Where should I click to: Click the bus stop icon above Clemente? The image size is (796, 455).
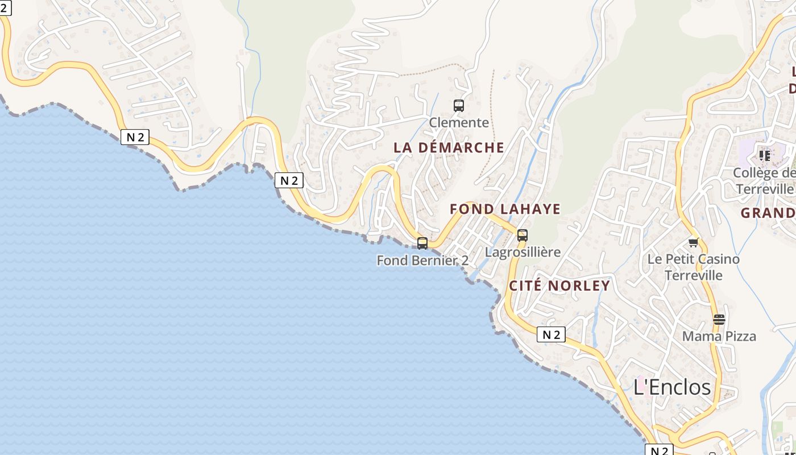(x=458, y=105)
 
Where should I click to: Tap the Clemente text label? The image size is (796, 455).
(x=458, y=122)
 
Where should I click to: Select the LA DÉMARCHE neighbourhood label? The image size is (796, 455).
(x=449, y=147)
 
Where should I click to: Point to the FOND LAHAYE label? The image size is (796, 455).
(x=505, y=209)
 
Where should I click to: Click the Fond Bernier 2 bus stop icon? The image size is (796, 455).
(x=422, y=243)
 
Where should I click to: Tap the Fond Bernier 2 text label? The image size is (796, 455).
(x=422, y=260)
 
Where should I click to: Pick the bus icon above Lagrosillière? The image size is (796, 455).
(x=522, y=235)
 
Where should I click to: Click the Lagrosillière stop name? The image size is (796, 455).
(x=523, y=252)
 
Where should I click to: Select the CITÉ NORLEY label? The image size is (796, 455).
(x=559, y=286)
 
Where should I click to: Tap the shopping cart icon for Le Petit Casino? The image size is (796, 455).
(x=693, y=243)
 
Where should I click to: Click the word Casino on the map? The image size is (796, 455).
(x=718, y=259)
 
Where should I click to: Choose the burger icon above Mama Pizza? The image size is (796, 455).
(x=719, y=319)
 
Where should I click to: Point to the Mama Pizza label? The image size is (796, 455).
(x=719, y=336)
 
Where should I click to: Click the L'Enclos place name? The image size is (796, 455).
(x=672, y=387)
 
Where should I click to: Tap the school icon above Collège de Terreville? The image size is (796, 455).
(x=764, y=155)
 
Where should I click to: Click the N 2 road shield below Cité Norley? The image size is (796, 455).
(x=551, y=334)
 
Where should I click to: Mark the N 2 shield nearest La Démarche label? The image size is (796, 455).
(x=289, y=180)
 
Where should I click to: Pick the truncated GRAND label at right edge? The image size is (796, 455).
(x=768, y=213)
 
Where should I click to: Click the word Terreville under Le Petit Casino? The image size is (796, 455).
(x=694, y=275)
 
